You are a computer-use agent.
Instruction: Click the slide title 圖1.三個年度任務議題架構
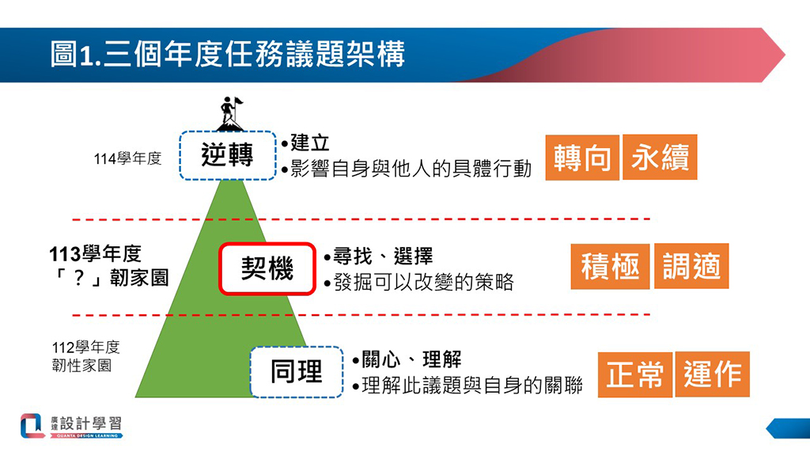pos(227,55)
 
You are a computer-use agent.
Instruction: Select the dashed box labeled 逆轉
pos(228,156)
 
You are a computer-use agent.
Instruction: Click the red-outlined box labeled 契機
pos(267,269)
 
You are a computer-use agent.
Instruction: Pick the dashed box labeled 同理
pos(297,372)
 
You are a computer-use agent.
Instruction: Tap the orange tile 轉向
pos(582,158)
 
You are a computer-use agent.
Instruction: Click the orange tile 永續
pos(660,158)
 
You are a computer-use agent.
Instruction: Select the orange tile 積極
pos(610,266)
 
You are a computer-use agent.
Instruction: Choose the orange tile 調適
pos(691,266)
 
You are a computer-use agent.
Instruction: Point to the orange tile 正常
pos(635,374)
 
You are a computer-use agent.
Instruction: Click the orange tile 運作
pos(713,374)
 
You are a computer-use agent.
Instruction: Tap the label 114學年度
pos(127,158)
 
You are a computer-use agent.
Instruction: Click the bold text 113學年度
pos(95,254)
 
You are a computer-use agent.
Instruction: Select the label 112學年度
pos(85,347)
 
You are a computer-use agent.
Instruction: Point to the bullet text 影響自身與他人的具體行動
pos(411,169)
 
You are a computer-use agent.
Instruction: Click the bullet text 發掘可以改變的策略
pos(424,283)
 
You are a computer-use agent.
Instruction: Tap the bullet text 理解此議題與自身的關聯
pos(472,386)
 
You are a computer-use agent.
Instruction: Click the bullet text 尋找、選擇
pos(383,256)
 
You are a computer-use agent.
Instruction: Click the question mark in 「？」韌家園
pos(78,279)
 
